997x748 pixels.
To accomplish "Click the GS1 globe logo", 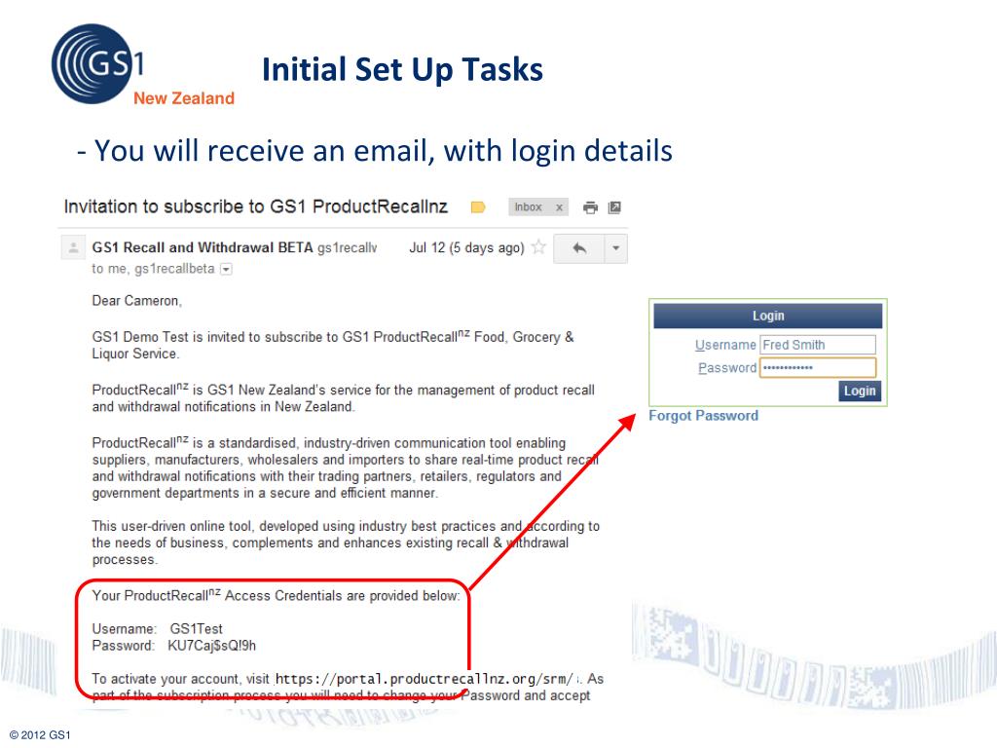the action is coord(96,63).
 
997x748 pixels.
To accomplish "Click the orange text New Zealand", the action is coord(184,98).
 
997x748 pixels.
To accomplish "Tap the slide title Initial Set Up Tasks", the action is coord(402,69).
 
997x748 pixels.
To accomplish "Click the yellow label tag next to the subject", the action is coord(478,207).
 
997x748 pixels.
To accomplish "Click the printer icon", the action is coord(590,207).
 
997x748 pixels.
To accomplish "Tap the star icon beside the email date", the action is coord(538,247).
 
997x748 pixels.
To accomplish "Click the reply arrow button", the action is coord(578,248).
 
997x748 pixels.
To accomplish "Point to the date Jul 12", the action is coord(427,247).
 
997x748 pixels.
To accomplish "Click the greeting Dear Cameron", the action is coord(136,301).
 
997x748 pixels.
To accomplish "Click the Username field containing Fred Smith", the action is coord(818,345).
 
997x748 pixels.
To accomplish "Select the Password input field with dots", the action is coord(818,367).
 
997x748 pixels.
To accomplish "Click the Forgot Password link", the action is coord(703,415).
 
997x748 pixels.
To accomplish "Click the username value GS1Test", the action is coord(196,629).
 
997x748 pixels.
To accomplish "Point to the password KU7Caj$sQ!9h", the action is coord(211,647).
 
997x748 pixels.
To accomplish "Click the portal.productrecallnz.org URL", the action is coord(425,679).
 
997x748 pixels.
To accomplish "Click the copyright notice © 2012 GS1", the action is coord(40,735).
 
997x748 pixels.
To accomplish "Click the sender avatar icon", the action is coord(73,247).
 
